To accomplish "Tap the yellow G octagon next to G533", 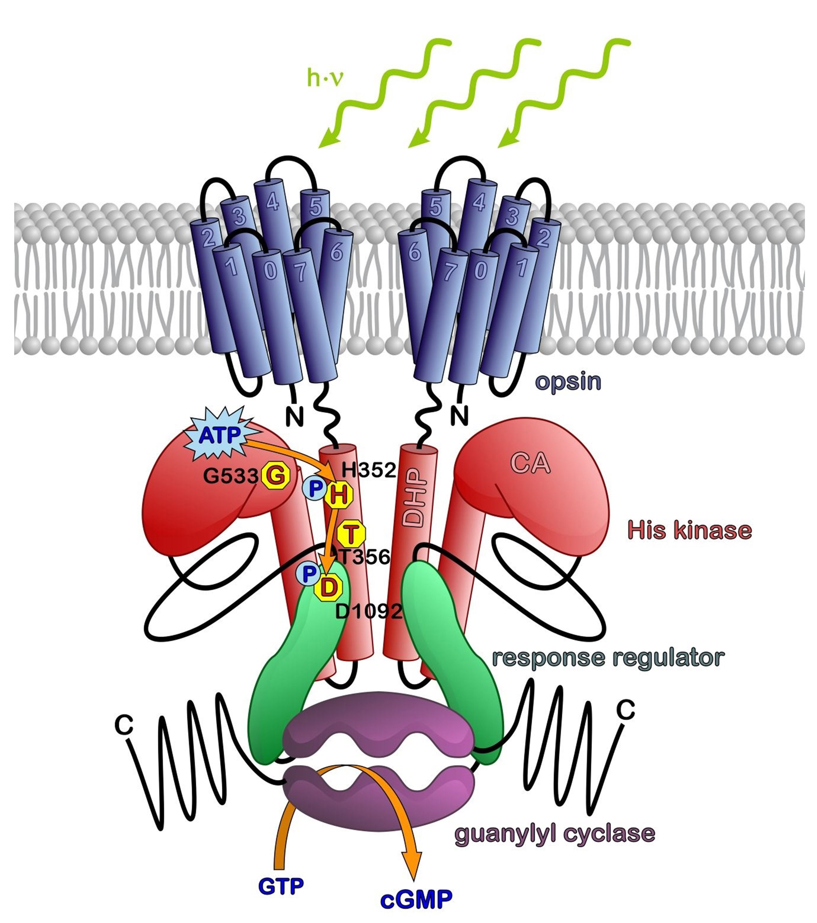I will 276,476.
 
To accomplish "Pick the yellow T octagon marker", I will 351,534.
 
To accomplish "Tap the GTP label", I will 281,874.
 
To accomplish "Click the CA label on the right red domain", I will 530,463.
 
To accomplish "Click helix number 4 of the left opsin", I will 272,202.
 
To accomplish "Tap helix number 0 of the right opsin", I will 480,271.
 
